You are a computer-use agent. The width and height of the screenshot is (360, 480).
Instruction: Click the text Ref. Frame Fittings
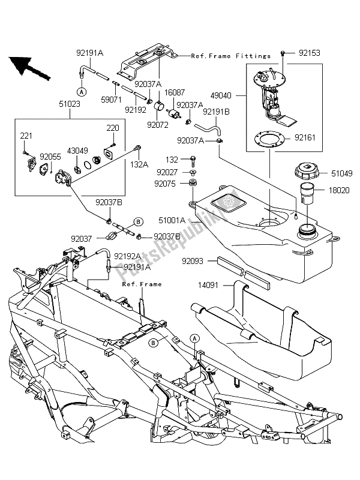coord(231,56)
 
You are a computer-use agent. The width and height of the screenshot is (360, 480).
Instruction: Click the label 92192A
coord(127,255)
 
